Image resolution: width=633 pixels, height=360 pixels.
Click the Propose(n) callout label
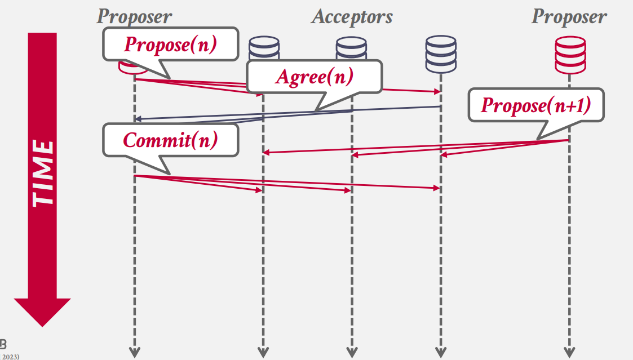[x=170, y=45]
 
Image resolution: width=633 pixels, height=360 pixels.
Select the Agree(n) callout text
[x=314, y=77]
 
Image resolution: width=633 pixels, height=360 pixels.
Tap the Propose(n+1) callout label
[x=535, y=105]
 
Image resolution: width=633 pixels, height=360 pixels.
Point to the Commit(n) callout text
[x=170, y=140]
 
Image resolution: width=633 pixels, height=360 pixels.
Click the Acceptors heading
[x=352, y=16]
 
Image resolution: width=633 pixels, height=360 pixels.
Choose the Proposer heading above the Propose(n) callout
[x=134, y=16]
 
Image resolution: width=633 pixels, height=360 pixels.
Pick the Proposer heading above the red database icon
[x=569, y=16]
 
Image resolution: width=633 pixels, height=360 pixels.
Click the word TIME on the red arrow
[x=42, y=172]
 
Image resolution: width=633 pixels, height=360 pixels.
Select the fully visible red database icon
[x=569, y=55]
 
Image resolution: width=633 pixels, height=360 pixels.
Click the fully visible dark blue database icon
[x=441, y=55]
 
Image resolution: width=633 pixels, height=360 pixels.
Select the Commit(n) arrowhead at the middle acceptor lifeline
[x=348, y=191]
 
